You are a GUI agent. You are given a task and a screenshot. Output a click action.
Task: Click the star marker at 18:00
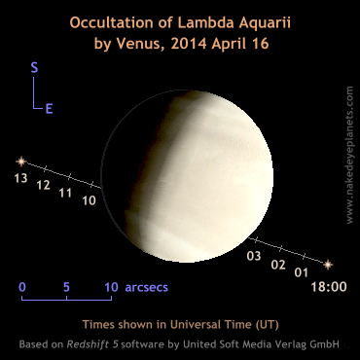(x=328, y=263)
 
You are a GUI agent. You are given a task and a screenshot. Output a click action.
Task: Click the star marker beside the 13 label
(x=19, y=161)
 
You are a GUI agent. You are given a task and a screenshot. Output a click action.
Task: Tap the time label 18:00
(x=328, y=286)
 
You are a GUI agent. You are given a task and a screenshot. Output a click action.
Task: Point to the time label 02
(x=277, y=264)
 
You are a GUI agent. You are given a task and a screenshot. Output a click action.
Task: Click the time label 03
(x=254, y=256)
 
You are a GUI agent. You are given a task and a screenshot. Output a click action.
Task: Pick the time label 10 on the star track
(x=90, y=200)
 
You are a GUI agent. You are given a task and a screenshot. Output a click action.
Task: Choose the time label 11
(x=66, y=193)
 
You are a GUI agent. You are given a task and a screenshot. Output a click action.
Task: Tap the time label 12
(x=43, y=185)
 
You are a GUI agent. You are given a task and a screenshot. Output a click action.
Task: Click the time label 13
(x=20, y=178)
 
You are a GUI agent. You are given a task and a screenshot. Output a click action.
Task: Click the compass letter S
(x=34, y=68)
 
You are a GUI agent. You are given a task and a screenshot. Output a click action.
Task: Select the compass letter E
(x=49, y=109)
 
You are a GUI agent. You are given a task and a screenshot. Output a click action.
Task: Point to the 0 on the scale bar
(x=21, y=288)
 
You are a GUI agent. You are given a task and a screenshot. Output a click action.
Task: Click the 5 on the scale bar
(x=66, y=288)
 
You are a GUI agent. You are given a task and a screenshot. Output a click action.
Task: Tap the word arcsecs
(x=147, y=288)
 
